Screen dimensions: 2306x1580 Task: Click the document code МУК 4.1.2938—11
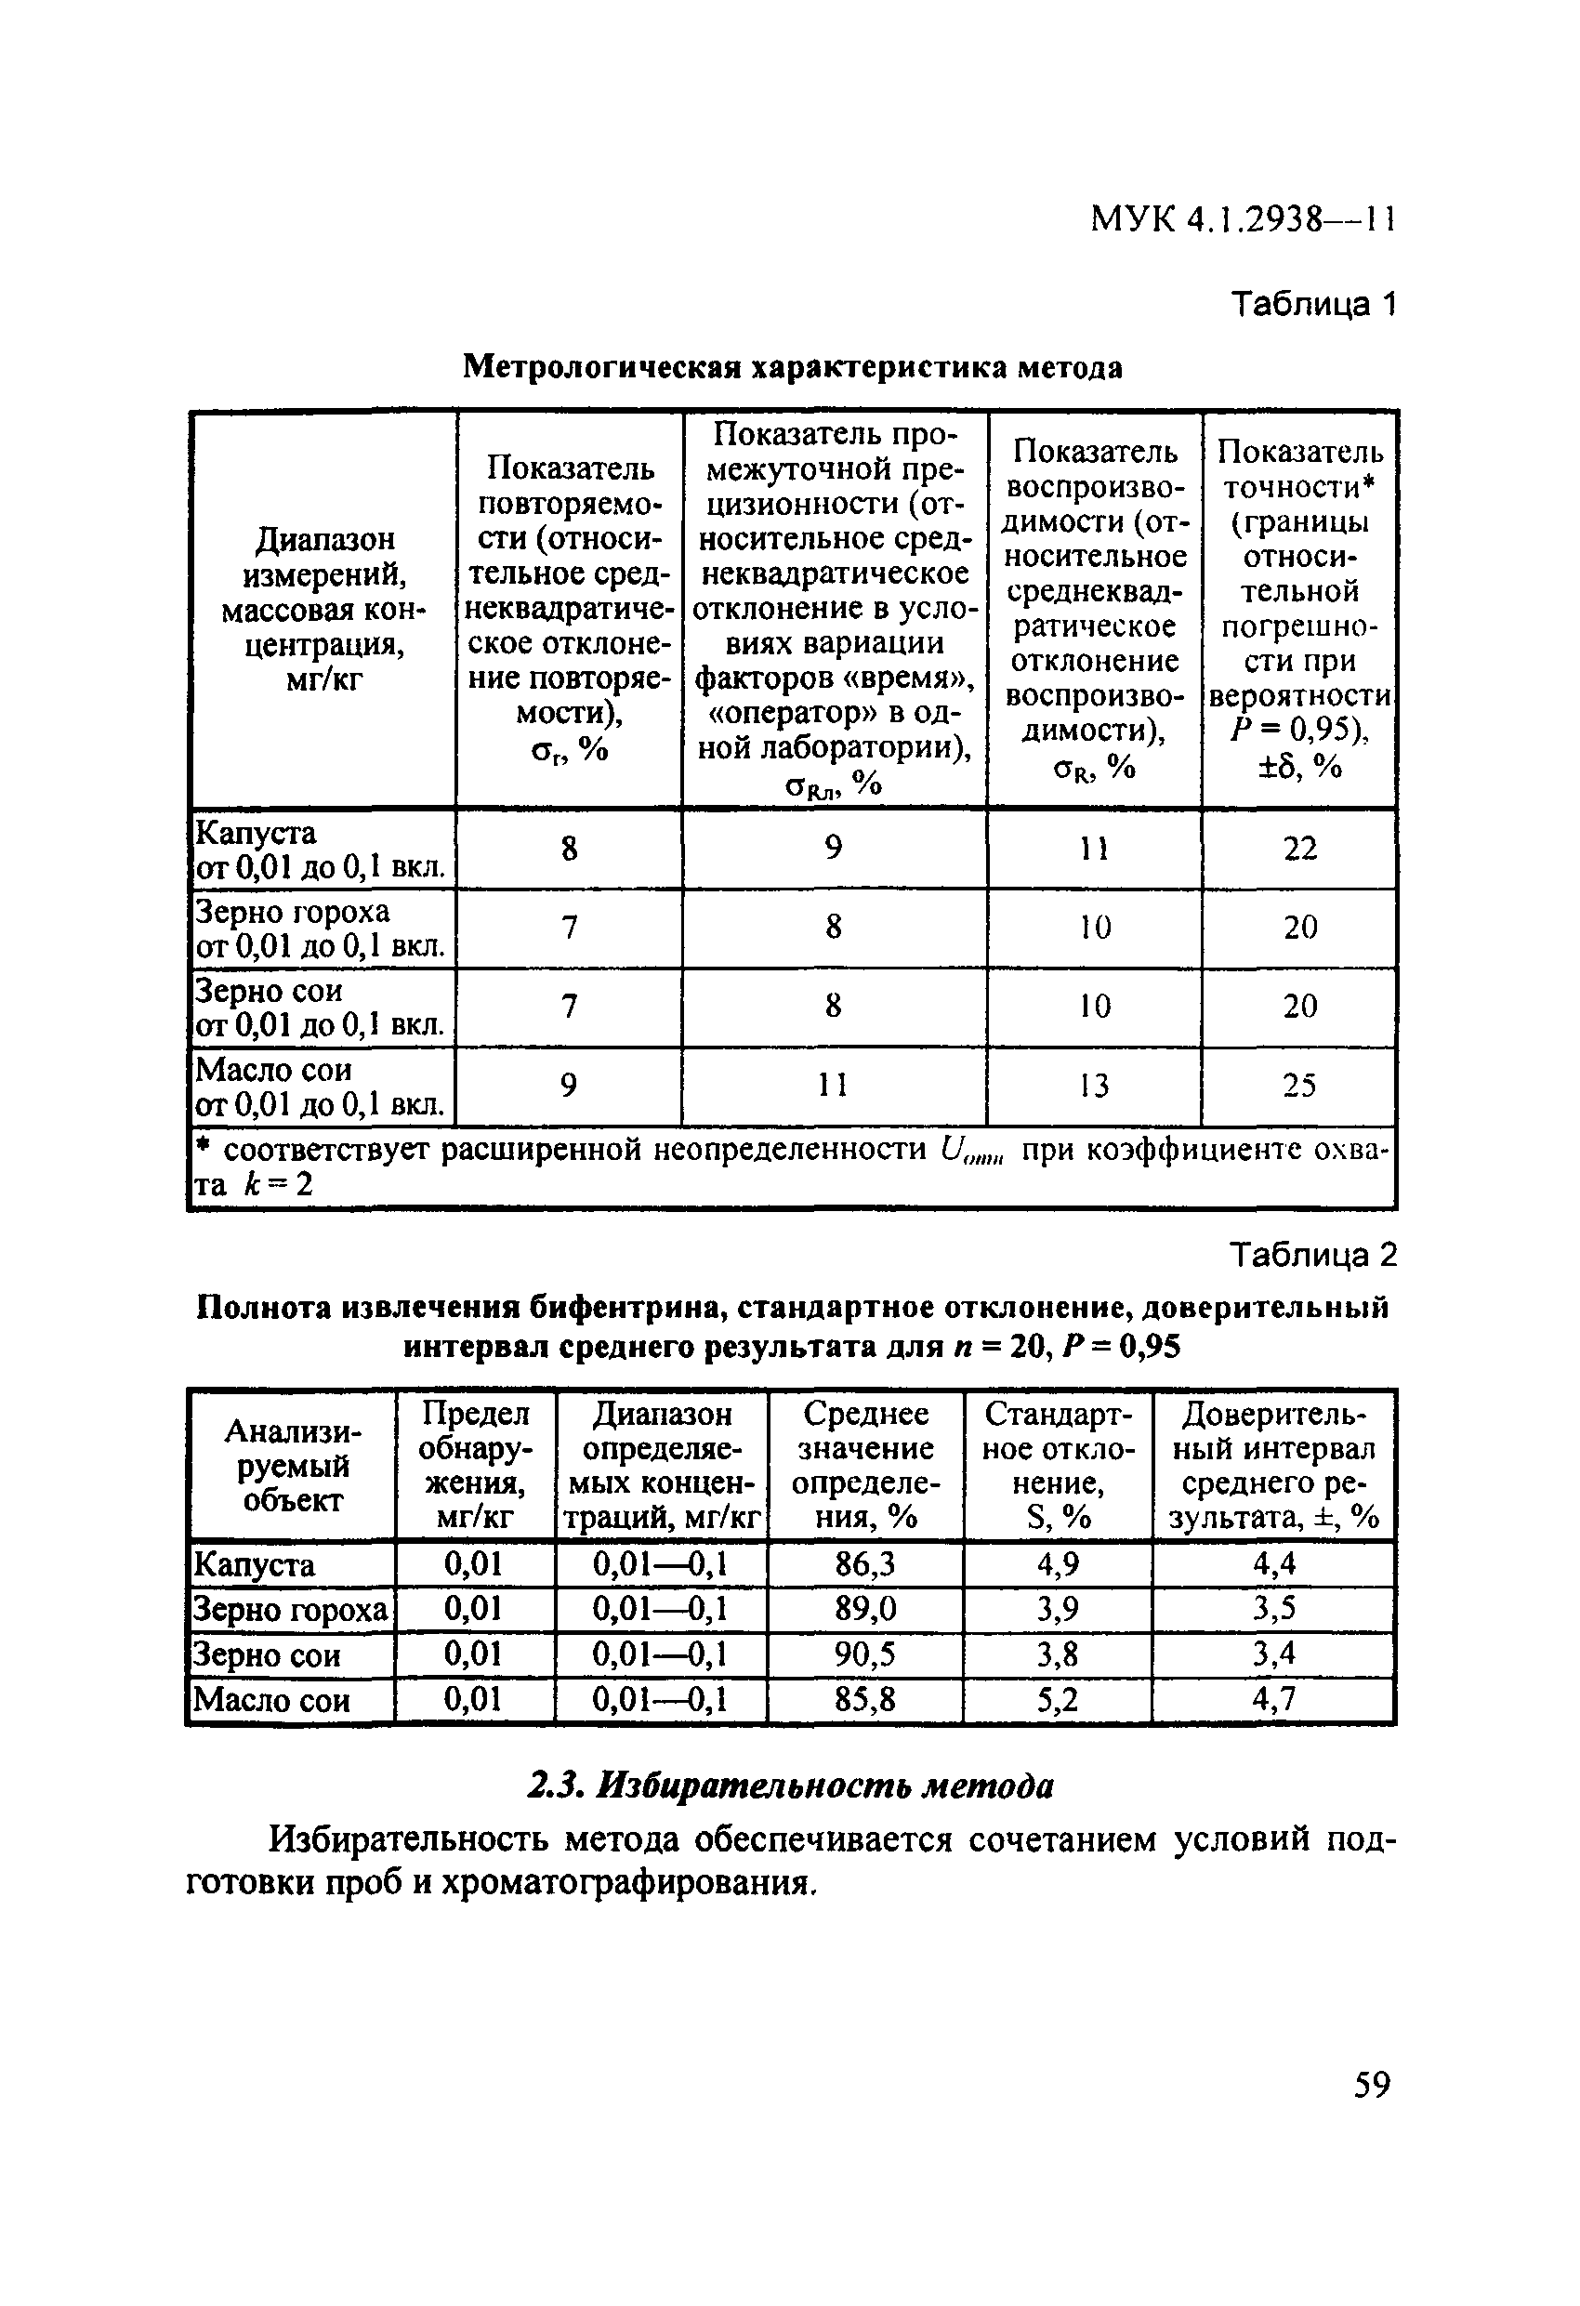(x=1243, y=218)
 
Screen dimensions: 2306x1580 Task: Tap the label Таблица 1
(x=1312, y=304)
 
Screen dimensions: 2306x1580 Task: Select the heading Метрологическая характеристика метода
(x=793, y=368)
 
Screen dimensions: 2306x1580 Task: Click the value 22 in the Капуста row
(x=1299, y=849)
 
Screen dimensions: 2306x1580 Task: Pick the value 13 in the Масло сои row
(x=1094, y=1086)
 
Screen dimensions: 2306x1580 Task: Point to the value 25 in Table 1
(x=1299, y=1086)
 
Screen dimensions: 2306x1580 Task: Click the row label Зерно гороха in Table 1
(x=293, y=911)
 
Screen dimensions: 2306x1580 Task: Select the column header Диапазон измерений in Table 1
(x=323, y=609)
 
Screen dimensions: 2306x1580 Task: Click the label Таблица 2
(x=1312, y=1255)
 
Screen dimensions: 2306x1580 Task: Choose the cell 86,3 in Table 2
(x=864, y=1565)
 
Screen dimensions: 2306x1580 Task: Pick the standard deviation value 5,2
(x=1057, y=1700)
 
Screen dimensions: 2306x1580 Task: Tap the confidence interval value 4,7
(x=1273, y=1700)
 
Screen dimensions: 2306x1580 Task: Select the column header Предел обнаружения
(x=474, y=1465)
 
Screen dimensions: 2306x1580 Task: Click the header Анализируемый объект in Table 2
(x=292, y=1465)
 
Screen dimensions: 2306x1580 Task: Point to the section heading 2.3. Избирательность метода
(x=789, y=1786)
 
